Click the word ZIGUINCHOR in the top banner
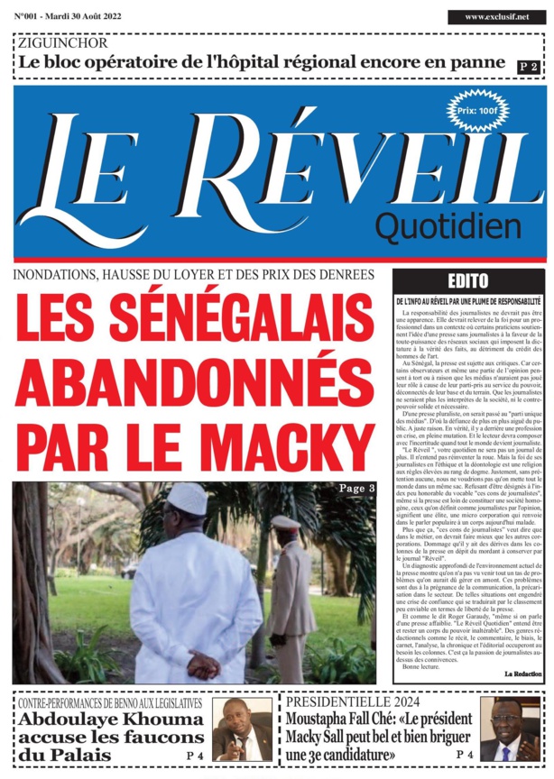click(x=62, y=42)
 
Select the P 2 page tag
click(x=528, y=67)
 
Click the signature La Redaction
click(x=522, y=674)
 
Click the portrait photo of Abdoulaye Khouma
click(x=242, y=729)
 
